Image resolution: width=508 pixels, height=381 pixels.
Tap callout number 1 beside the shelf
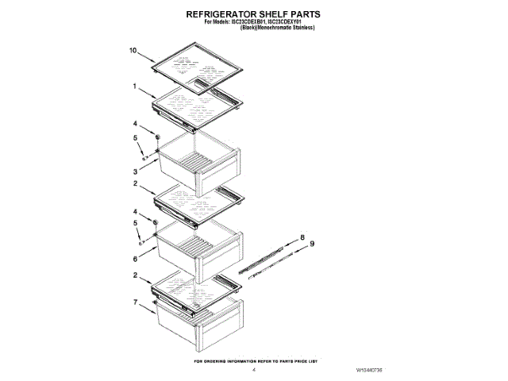(135, 86)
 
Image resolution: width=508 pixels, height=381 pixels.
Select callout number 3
(135, 171)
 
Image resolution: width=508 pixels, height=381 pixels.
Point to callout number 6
(135, 259)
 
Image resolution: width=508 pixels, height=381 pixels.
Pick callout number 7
(135, 302)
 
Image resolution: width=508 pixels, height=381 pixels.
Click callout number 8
(302, 237)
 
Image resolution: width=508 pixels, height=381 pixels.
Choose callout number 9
(312, 244)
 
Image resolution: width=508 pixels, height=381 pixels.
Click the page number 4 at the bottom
(254, 370)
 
